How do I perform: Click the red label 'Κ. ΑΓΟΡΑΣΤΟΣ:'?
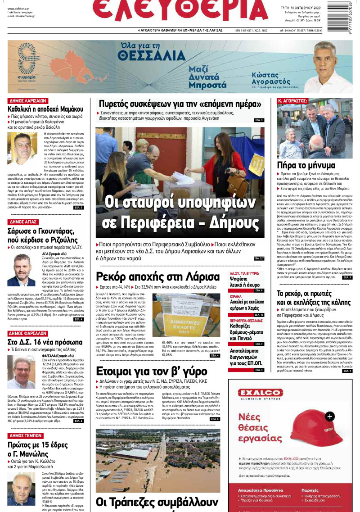[293, 101]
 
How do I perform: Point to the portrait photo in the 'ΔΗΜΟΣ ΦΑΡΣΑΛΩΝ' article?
[21, 373]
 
